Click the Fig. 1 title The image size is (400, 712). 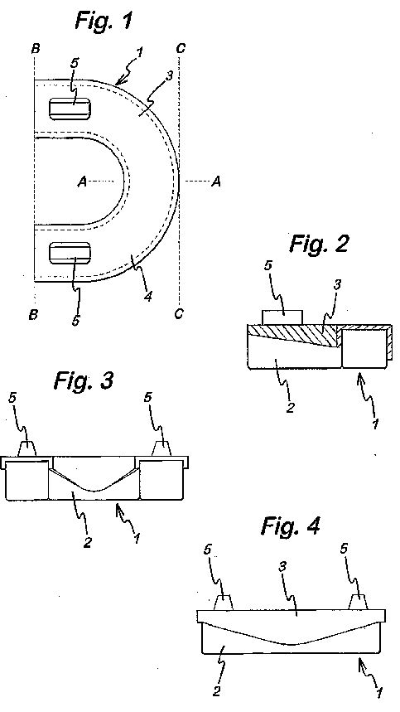click(x=104, y=20)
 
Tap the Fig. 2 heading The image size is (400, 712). click(x=320, y=244)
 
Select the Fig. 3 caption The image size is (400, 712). click(x=84, y=380)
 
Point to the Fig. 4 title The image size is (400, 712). click(x=291, y=526)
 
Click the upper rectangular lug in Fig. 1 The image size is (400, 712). click(x=70, y=109)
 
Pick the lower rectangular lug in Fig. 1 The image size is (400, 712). click(x=70, y=253)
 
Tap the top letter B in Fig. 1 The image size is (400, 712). click(x=36, y=49)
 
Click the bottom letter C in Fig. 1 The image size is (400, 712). click(x=179, y=314)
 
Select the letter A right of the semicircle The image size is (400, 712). click(x=216, y=182)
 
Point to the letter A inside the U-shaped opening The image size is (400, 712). click(x=82, y=182)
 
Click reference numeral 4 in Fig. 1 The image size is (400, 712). click(x=147, y=297)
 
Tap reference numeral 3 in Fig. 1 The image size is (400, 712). click(x=169, y=75)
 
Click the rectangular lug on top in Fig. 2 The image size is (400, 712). click(x=282, y=317)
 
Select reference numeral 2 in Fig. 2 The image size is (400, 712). click(x=290, y=407)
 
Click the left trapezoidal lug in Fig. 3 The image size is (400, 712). click(x=27, y=448)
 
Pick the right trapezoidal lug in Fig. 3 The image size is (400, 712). click(x=161, y=448)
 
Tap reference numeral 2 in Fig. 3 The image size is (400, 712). click(x=88, y=542)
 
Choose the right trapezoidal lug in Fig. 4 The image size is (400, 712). click(x=359, y=602)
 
